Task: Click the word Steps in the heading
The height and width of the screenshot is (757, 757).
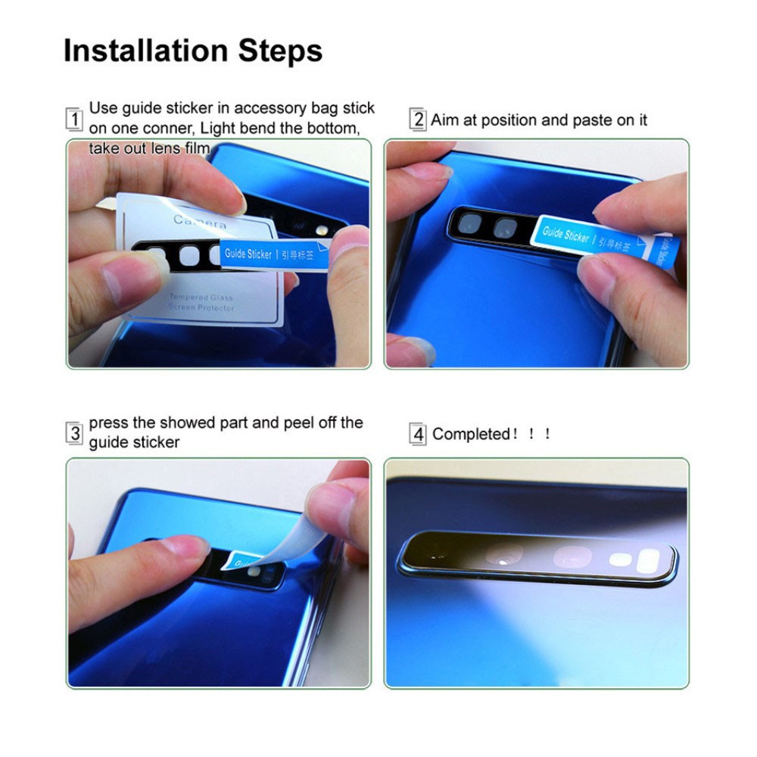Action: click(x=281, y=51)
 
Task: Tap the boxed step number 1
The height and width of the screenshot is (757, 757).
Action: click(x=74, y=120)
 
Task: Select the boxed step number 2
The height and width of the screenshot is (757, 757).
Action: click(x=419, y=120)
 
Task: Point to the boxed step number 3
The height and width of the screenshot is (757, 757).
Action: click(x=74, y=434)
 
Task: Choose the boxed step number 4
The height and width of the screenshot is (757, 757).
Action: click(x=419, y=435)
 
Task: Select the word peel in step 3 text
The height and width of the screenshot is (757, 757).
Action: click(x=299, y=422)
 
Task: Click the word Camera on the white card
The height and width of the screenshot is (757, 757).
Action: click(x=200, y=222)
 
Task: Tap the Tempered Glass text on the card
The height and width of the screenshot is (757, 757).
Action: click(x=201, y=298)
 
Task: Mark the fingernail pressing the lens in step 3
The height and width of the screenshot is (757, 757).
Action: click(x=179, y=547)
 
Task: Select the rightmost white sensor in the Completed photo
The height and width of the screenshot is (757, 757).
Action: click(x=650, y=561)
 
